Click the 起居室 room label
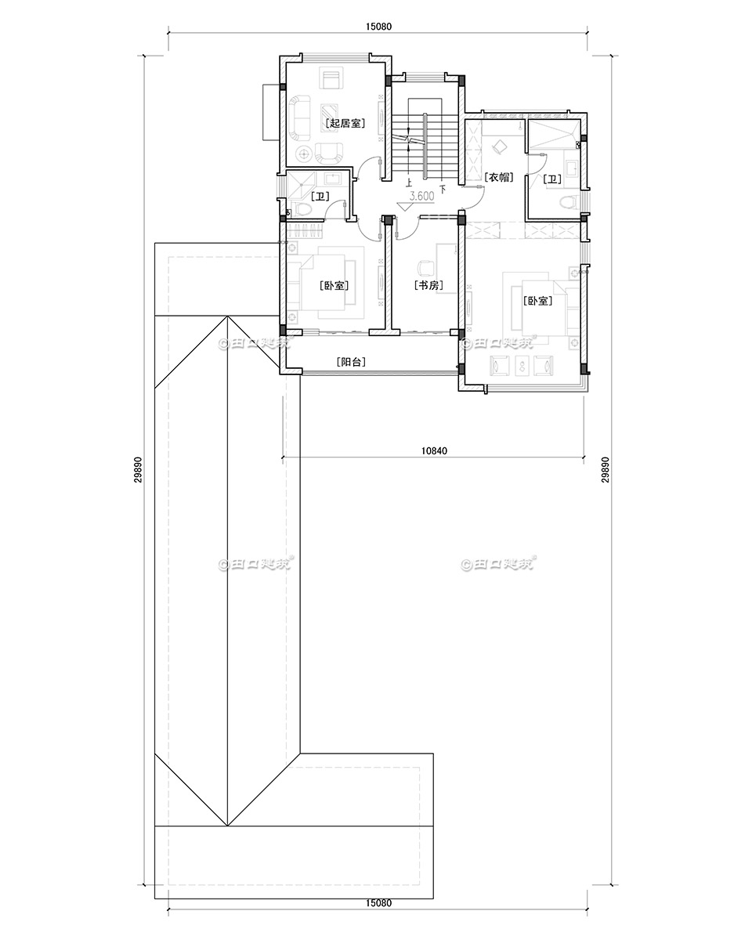[345, 123]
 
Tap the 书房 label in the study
[428, 286]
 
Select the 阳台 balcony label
[350, 362]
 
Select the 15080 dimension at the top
[378, 26]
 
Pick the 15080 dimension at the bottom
[378, 902]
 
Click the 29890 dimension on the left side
[137, 475]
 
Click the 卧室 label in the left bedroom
[334, 286]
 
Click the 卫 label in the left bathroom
[320, 196]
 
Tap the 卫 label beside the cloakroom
[552, 179]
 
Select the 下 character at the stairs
[443, 189]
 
